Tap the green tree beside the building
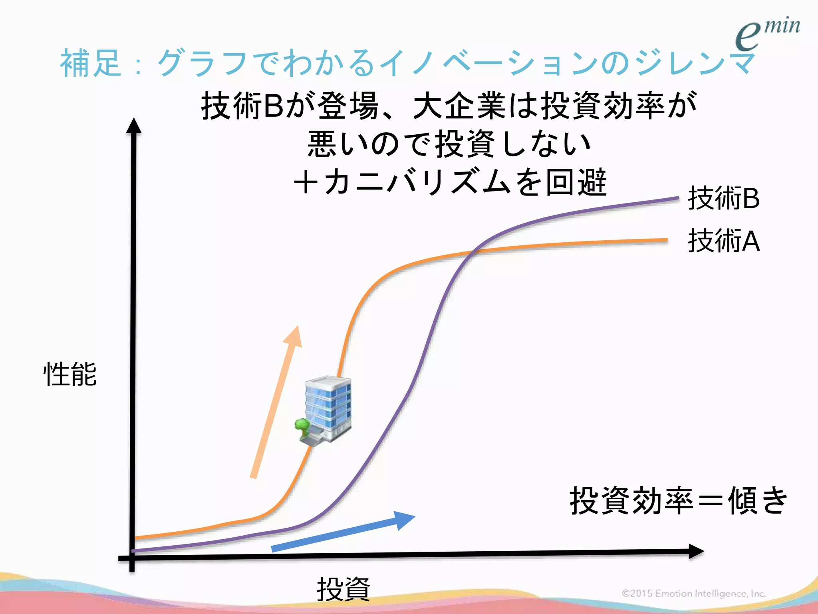[302, 425]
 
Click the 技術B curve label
[723, 198]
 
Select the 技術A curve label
[723, 241]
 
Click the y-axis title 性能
[70, 374]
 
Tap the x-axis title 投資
[343, 589]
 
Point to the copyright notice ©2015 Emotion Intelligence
[693, 593]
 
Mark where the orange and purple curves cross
[474, 251]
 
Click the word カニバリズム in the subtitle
[418, 182]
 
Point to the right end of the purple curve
[678, 197]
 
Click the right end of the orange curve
[666, 240]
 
